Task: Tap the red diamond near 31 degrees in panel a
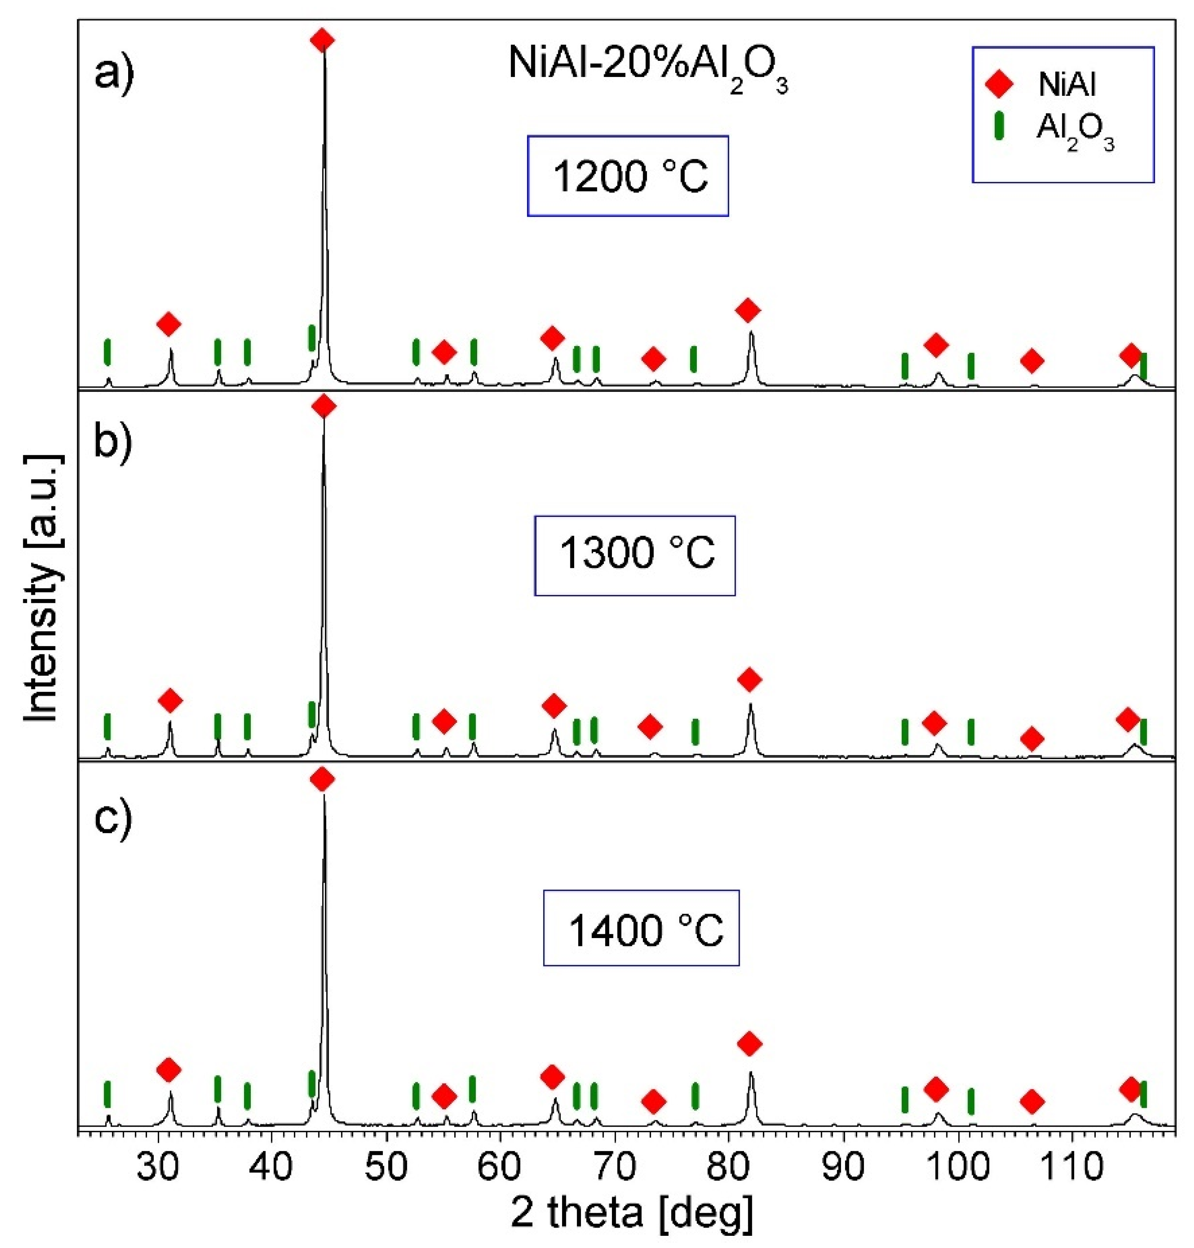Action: (x=169, y=324)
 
